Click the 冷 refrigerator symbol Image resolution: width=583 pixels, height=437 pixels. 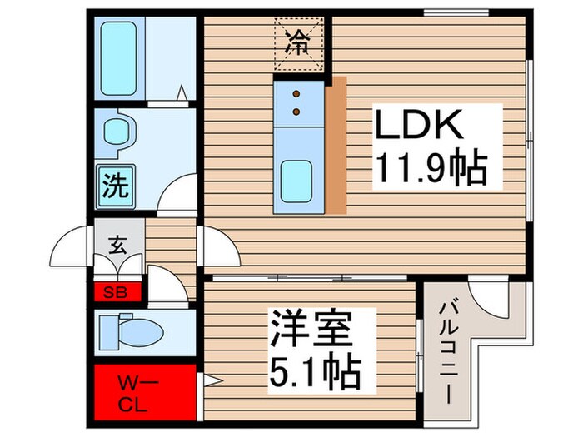click(297, 40)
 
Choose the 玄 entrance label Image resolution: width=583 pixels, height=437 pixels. click(116, 246)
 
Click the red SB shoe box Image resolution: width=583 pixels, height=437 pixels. click(116, 291)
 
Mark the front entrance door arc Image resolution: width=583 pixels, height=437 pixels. click(71, 250)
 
